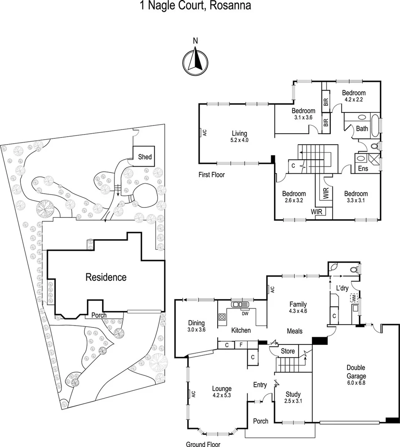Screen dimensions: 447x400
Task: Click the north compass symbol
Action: (x=195, y=60)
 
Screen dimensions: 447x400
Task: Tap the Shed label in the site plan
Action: (x=145, y=157)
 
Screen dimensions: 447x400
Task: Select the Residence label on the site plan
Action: (x=106, y=277)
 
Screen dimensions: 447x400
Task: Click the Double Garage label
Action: (x=356, y=372)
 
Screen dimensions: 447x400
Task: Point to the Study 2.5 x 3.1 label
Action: (x=293, y=397)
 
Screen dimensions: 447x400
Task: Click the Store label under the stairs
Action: (x=287, y=351)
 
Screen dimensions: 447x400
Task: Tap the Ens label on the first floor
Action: (x=363, y=169)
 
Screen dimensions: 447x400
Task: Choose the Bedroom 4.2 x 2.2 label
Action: (x=354, y=96)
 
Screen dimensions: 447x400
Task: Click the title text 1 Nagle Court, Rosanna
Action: (x=195, y=6)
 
